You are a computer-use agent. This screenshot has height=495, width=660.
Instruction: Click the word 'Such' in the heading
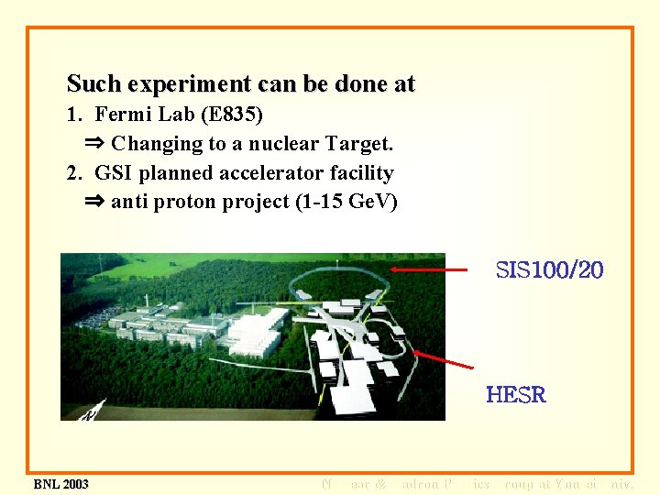(x=94, y=85)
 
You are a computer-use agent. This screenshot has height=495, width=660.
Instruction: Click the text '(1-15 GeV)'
(x=346, y=203)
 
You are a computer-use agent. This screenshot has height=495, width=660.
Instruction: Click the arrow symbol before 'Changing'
(x=95, y=144)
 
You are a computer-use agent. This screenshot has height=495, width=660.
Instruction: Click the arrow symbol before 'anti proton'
(x=95, y=203)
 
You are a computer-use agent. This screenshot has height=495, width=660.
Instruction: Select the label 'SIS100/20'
(x=549, y=270)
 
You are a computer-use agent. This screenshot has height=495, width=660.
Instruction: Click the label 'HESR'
(x=515, y=395)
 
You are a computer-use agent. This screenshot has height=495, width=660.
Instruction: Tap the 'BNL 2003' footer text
(x=60, y=484)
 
